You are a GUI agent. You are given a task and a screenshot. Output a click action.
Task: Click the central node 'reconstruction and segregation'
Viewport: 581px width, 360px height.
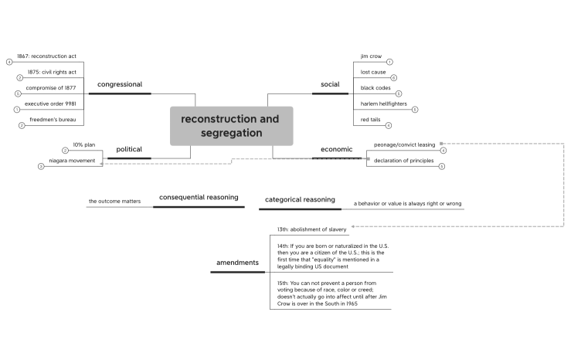point(231,126)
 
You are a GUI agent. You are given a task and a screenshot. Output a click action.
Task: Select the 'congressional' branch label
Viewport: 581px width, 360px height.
point(119,84)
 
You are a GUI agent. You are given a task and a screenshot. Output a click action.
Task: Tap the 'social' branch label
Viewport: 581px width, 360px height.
point(330,84)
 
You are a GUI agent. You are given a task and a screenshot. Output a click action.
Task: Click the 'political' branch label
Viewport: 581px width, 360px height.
point(129,149)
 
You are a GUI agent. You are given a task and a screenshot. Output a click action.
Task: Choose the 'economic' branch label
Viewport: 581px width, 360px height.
point(336,149)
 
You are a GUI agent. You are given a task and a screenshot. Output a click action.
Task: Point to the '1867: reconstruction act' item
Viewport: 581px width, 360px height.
point(48,56)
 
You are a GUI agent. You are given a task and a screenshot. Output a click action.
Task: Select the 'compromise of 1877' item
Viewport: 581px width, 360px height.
point(50,88)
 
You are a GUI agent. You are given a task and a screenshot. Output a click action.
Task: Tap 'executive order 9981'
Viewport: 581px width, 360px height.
point(50,104)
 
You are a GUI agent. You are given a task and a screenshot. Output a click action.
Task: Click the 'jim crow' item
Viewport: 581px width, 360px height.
point(372,56)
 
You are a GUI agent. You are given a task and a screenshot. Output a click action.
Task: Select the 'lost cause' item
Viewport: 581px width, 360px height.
point(374,72)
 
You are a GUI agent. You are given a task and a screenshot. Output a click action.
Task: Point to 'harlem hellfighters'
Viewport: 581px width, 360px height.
point(384,104)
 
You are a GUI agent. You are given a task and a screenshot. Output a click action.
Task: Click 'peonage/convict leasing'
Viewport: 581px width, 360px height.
point(404,144)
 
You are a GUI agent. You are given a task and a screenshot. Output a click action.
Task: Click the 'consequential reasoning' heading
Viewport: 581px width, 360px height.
point(199,198)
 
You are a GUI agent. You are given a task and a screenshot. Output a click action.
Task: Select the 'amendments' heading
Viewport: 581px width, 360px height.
point(237,263)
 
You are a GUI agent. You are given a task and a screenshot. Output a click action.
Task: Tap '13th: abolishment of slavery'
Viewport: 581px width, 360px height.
point(312,229)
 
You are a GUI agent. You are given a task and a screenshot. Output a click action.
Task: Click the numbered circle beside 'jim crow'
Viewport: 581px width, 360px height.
point(390,62)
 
